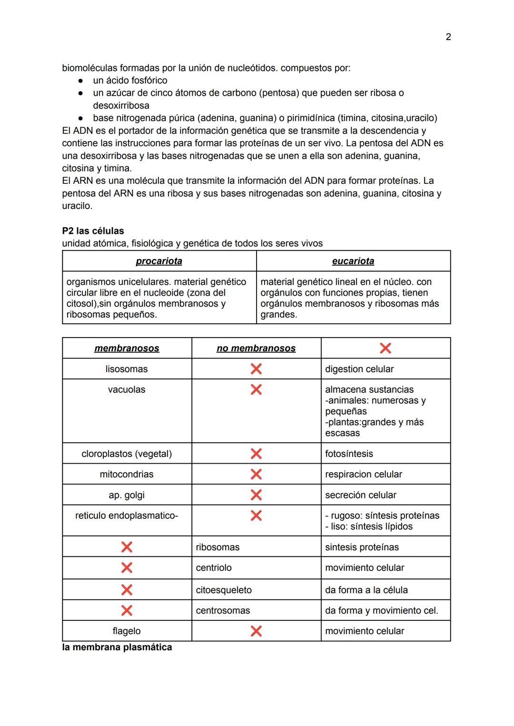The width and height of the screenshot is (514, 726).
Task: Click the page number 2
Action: point(448,37)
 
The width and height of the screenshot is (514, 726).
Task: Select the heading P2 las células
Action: point(93,231)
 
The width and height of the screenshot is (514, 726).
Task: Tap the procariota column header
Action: point(159,261)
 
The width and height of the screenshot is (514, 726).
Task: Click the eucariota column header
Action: point(353,261)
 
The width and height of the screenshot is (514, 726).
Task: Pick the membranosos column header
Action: point(127,348)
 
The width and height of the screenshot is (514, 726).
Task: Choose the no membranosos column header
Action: point(256,348)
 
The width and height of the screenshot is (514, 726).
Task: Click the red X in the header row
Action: point(385,348)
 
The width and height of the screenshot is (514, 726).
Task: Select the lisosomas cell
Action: point(127,369)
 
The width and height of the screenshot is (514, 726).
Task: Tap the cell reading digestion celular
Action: point(359,369)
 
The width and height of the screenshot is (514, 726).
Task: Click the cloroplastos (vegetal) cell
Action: point(127,454)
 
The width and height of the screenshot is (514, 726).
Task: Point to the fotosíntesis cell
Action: point(349,454)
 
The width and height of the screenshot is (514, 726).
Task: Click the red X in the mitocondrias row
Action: point(256,474)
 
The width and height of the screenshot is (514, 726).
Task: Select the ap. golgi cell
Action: point(127,495)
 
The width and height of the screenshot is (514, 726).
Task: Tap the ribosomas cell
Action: point(217,547)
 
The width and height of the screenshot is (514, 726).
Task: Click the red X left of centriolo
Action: point(127,567)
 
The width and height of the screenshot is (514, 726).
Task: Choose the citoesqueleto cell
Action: point(224,590)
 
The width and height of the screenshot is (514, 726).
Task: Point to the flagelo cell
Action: point(127,631)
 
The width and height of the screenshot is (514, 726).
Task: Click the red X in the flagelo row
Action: point(256,631)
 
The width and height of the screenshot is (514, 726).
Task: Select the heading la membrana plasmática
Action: point(117,647)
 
